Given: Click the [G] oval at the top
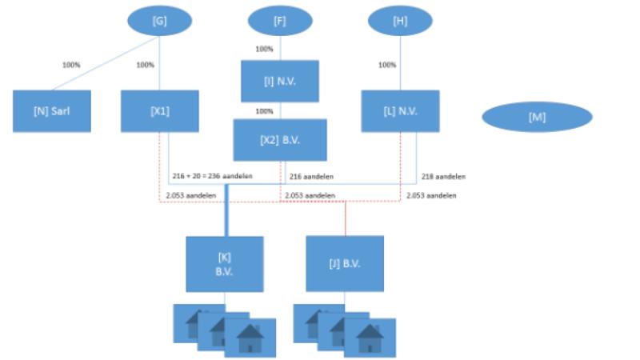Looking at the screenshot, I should tap(159, 21).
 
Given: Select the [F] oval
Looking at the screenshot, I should tap(280, 22).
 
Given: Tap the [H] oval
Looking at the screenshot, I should tap(400, 21).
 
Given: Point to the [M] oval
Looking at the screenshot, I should tap(537, 117).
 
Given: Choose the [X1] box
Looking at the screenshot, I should tap(159, 110).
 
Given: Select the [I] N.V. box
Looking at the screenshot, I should tap(280, 81).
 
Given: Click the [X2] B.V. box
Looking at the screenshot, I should tap(280, 140).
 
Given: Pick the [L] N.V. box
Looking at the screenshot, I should tap(400, 110).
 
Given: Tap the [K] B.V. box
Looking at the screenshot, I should tap(225, 264).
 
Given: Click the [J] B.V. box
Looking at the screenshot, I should tap(345, 264).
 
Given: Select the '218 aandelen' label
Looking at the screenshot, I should tap(443, 177).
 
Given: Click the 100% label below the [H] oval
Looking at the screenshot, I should tap(387, 65).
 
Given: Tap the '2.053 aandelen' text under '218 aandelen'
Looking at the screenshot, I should tap(431, 195).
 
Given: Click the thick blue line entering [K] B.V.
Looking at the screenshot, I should tap(226, 210).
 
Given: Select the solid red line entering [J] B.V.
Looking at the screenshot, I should tap(345, 218).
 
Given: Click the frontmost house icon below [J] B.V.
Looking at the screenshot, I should tap(370, 338).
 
